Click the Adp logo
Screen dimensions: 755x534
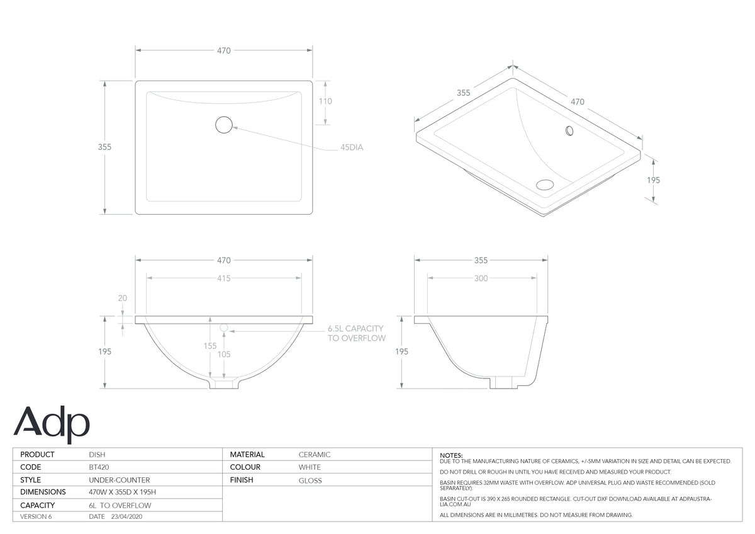click(52, 424)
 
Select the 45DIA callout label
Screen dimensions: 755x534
click(352, 147)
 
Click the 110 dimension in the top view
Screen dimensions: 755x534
click(326, 101)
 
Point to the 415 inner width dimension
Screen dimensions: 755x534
click(224, 278)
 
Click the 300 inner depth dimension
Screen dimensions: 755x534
click(481, 278)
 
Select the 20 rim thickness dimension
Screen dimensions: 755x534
click(122, 298)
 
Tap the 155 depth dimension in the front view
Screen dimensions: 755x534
click(210, 346)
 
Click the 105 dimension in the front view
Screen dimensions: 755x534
click(224, 354)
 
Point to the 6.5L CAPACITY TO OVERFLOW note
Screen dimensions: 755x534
click(357, 333)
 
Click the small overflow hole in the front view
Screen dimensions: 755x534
click(224, 327)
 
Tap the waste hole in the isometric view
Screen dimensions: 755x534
click(545, 185)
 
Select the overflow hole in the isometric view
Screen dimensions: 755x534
click(569, 130)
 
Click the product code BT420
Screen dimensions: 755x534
click(99, 467)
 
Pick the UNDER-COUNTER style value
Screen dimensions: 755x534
click(120, 480)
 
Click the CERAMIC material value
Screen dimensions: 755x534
click(315, 455)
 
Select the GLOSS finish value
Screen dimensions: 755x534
click(310, 480)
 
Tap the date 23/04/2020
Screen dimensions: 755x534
click(126, 516)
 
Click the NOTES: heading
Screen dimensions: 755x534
click(451, 455)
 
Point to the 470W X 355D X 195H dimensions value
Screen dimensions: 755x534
click(122, 492)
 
